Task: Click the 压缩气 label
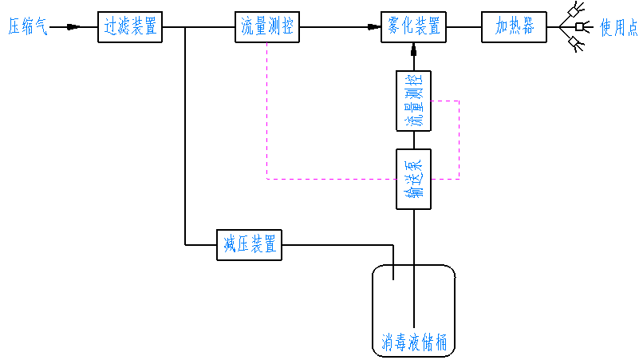28,28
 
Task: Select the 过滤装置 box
130,27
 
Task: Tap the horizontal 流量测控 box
268,27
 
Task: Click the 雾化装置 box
413,27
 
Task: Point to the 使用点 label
618,28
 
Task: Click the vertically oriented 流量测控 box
413,101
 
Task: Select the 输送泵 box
413,179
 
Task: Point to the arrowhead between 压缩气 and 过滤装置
73,27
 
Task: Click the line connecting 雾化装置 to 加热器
463,27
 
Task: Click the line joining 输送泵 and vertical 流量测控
413,140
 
